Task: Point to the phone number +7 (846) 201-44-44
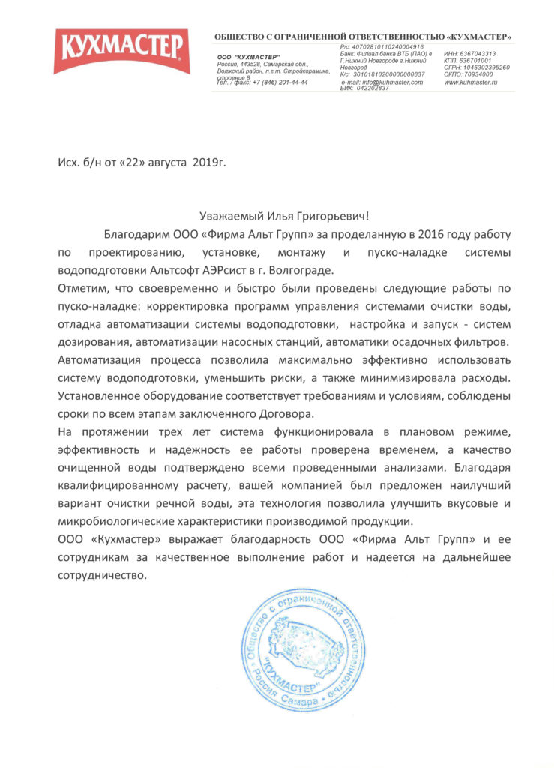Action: click(280, 82)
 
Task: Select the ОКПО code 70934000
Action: click(483, 74)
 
